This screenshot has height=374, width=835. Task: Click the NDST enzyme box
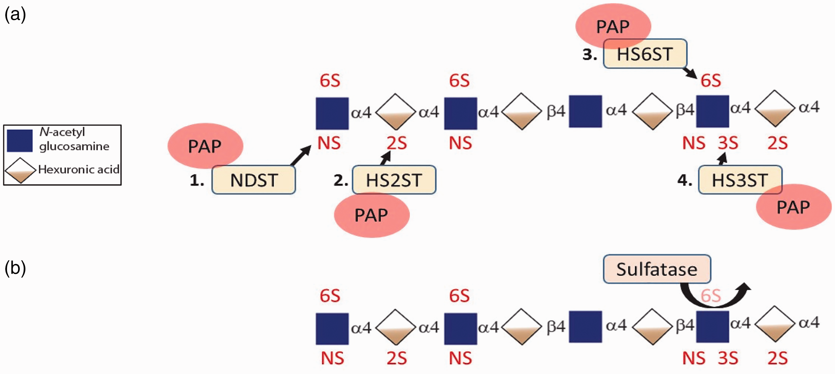(x=254, y=180)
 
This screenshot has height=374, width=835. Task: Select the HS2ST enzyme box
(x=394, y=180)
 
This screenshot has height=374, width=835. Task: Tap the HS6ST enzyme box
(x=645, y=53)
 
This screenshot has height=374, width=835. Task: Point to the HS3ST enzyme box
(x=740, y=180)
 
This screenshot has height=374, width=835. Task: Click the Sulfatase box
(x=657, y=269)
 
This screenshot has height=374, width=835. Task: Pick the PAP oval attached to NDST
(x=205, y=146)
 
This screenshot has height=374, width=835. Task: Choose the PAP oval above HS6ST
(x=613, y=26)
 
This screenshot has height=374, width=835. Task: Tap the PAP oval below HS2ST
(x=371, y=215)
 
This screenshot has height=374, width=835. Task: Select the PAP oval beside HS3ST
(x=794, y=207)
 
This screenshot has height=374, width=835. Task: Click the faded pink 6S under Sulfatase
(x=711, y=296)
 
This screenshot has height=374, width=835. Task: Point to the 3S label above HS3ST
(x=728, y=143)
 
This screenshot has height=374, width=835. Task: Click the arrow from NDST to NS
(x=301, y=155)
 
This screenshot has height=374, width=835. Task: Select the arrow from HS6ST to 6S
(x=689, y=73)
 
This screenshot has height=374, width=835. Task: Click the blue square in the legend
(x=20, y=140)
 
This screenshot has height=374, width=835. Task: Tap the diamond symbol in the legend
(x=20, y=170)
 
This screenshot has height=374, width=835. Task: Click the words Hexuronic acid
(x=79, y=169)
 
